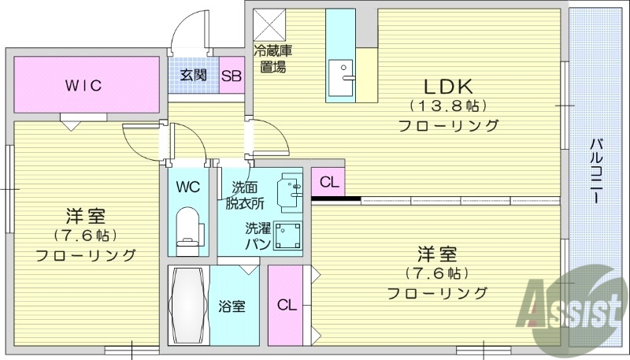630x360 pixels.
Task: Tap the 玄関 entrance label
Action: point(193,76)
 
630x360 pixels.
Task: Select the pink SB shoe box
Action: point(231,76)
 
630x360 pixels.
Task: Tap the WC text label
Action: point(187,187)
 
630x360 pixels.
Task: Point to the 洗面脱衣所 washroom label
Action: point(244,195)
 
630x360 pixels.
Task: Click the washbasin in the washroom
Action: point(290,190)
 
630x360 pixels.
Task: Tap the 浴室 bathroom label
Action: point(232,306)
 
